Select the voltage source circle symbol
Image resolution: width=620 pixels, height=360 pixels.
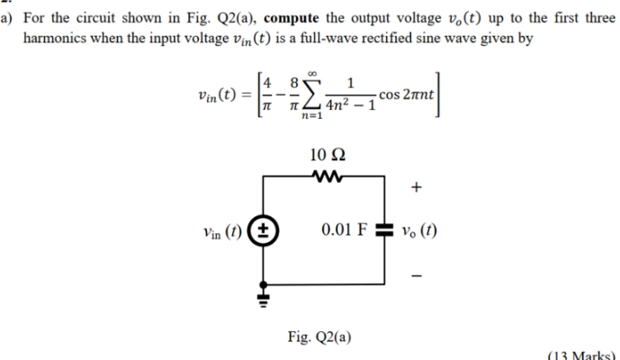[x=265, y=229]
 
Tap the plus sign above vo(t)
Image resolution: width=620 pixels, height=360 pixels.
[x=416, y=188]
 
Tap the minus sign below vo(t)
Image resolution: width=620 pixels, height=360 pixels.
[x=416, y=271]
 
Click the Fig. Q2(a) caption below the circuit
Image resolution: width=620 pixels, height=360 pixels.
[x=319, y=337]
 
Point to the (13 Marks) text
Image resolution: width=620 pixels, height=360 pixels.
[x=585, y=354]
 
